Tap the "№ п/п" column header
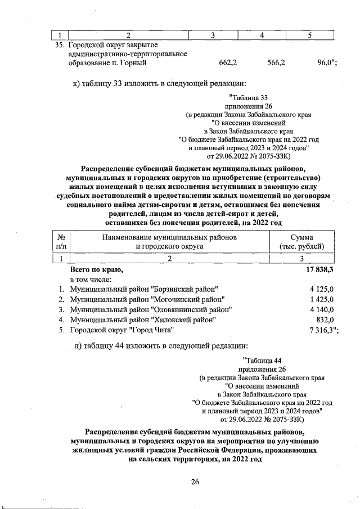[61, 242]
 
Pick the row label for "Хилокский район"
[143, 319]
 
